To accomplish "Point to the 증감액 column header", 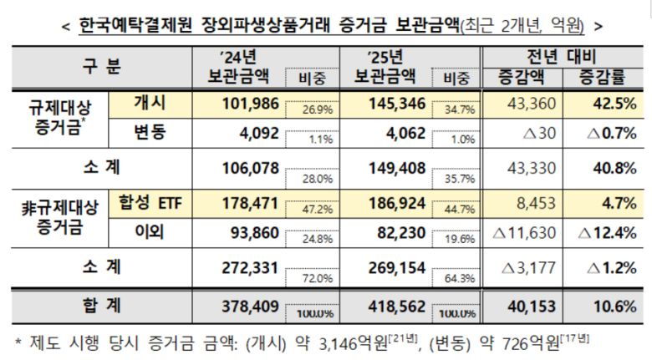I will (x=519, y=78).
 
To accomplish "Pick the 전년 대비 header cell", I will (x=561, y=58).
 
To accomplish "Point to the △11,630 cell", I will (x=524, y=233).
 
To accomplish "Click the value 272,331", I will (x=247, y=266).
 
